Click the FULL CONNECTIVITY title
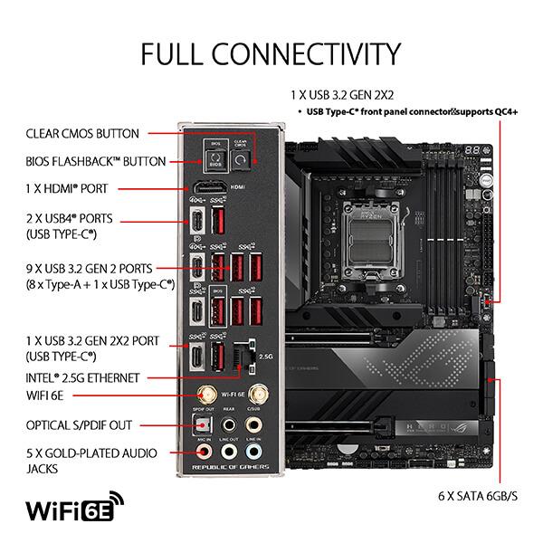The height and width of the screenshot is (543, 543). click(x=271, y=52)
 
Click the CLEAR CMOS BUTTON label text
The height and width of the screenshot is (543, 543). click(x=82, y=134)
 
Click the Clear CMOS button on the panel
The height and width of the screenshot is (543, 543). click(x=241, y=160)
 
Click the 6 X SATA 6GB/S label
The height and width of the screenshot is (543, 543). click(x=477, y=496)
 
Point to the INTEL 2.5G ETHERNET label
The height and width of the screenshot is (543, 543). click(x=82, y=376)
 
